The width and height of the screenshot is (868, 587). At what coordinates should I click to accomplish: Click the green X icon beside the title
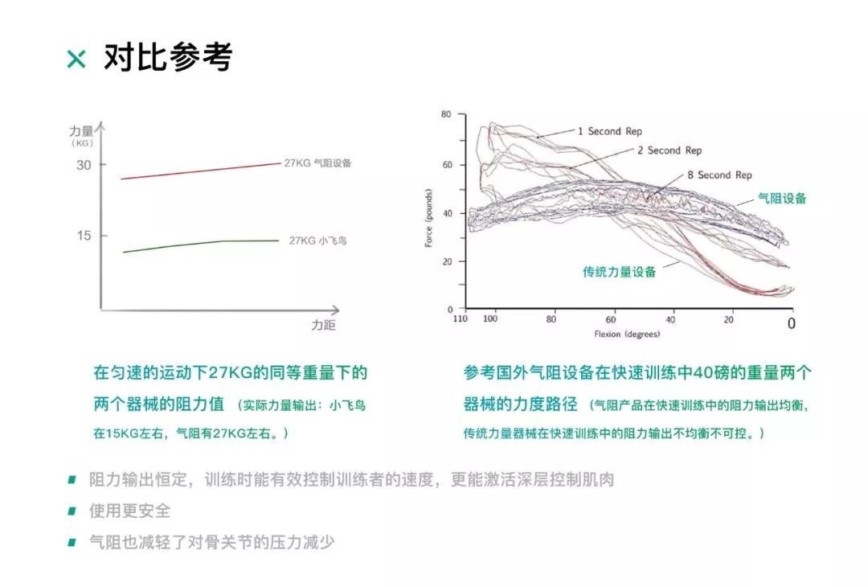coord(76,59)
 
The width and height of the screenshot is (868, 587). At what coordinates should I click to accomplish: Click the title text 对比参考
coord(167,57)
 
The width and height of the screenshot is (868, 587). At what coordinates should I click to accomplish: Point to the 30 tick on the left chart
coord(84,165)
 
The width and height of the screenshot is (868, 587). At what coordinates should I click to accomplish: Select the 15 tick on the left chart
coord(84,235)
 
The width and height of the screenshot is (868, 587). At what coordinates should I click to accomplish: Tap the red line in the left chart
coord(201,170)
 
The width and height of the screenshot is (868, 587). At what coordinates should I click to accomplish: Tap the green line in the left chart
coord(201,243)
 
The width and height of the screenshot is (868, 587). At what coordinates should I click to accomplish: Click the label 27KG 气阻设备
coord(317,162)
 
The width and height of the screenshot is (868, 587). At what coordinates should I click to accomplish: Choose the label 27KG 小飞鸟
coord(318,240)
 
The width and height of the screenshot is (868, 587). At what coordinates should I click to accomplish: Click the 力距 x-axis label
coord(323,325)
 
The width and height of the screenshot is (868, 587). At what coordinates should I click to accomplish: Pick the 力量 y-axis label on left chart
coord(82,130)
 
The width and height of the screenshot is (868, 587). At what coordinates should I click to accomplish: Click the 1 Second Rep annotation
coord(609,131)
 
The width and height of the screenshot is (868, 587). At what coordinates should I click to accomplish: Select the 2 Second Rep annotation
coord(669,150)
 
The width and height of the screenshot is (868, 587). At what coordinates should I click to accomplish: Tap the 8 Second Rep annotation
coord(719,174)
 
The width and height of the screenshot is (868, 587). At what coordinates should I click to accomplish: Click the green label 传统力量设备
coord(619,272)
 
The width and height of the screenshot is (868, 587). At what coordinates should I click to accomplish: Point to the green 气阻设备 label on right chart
coord(781,198)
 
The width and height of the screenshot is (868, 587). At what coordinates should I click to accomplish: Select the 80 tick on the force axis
coord(447,115)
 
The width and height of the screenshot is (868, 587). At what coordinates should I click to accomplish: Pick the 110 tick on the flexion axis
coord(460,319)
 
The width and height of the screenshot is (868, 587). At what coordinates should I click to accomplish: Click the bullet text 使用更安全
coord(129,511)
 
